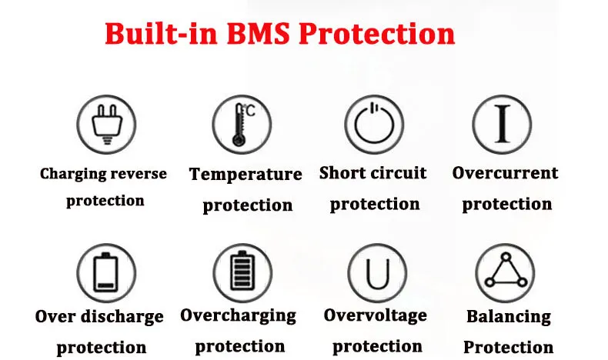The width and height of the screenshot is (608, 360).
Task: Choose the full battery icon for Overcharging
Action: click(x=240, y=272)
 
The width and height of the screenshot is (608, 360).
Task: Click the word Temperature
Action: click(x=246, y=175)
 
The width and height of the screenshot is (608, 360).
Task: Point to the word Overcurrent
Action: click(x=505, y=173)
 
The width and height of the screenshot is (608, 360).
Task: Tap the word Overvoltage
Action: click(x=375, y=315)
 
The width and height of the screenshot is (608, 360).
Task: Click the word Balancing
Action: click(x=509, y=316)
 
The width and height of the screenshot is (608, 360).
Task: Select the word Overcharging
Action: click(x=238, y=315)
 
